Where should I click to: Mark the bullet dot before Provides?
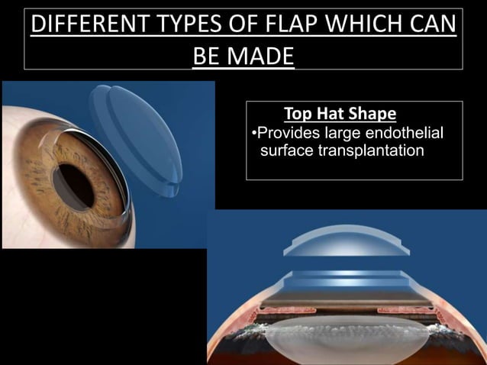(253, 135)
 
